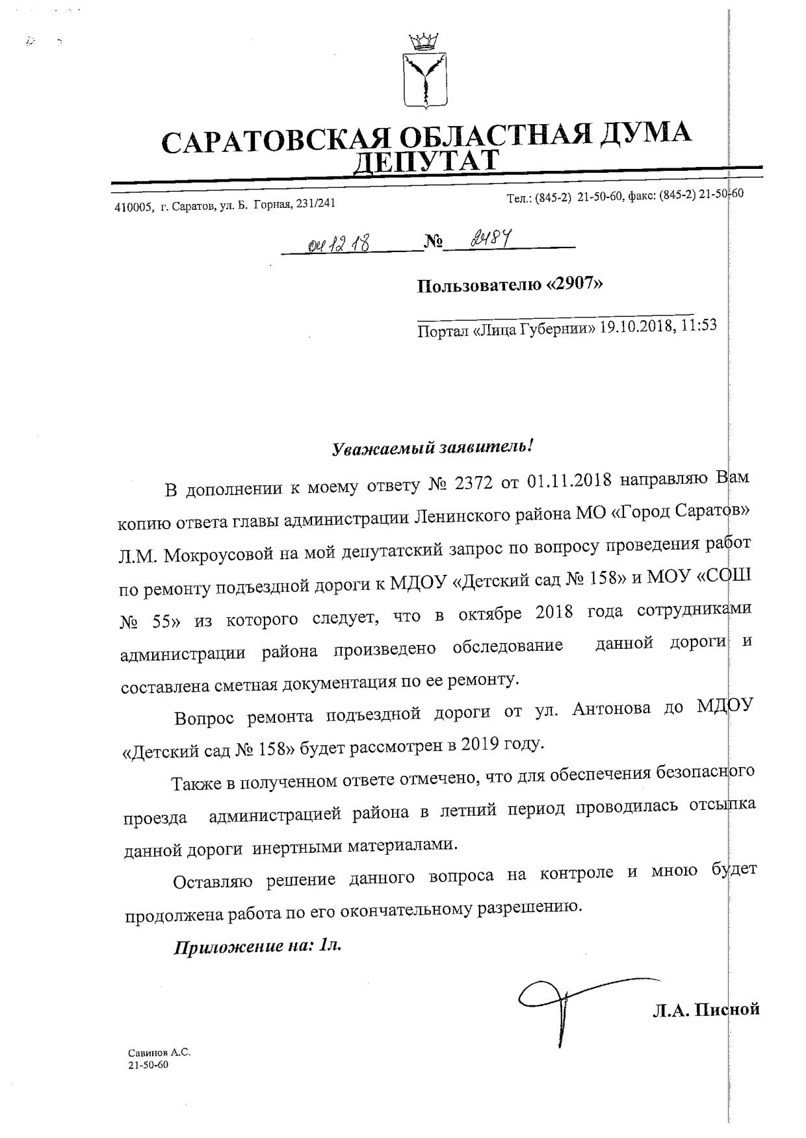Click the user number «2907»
coord(575,284)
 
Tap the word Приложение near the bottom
coord(227,946)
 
